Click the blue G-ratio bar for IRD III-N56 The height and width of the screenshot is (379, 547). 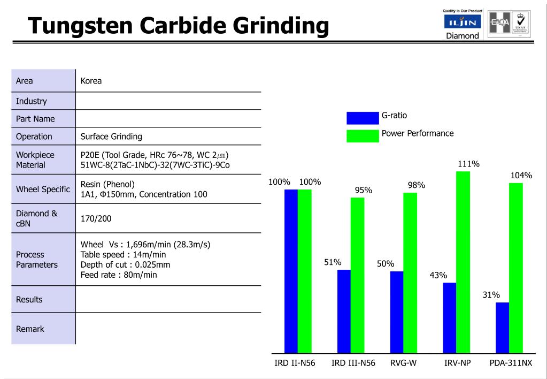344,311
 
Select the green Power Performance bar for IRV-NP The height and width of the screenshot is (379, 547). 463,262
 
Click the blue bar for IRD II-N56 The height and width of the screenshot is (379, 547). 291,271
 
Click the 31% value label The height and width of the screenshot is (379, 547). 491,295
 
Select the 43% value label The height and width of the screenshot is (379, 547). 438,275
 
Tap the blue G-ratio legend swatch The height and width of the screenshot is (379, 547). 363,118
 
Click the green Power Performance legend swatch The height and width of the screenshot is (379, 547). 363,136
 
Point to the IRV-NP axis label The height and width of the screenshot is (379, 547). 458,363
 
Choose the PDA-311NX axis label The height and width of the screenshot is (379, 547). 511,363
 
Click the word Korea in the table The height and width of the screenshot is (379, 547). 91,81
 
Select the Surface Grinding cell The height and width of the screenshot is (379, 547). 111,137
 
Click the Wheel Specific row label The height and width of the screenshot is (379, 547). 43,189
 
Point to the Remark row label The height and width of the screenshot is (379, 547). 30,329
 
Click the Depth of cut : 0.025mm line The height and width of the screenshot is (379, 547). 126,265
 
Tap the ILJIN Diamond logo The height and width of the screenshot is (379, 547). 463,25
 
